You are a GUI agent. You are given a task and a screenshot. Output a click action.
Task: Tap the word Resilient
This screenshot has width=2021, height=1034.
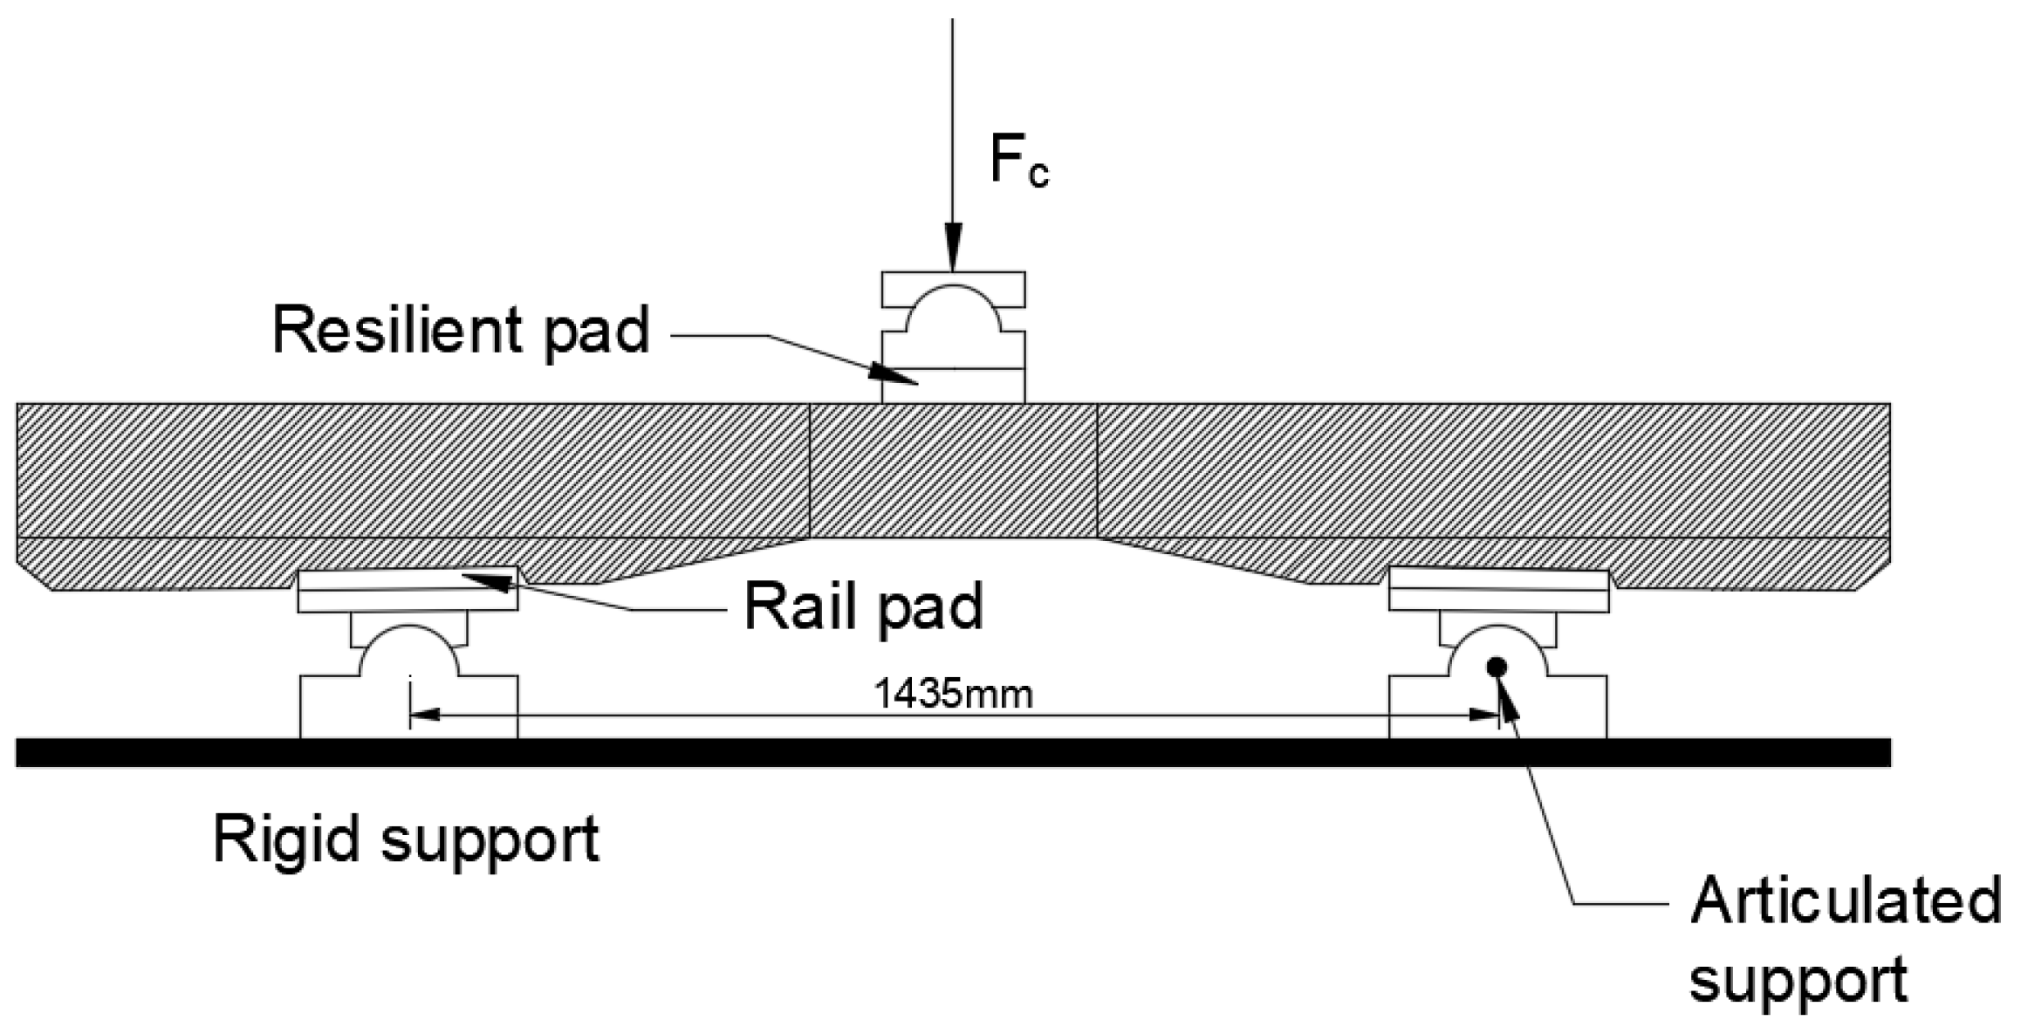(x=397, y=330)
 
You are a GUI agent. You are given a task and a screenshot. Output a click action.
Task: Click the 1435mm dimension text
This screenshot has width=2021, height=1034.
(x=953, y=695)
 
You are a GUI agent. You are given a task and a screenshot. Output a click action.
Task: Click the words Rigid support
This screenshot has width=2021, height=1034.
(x=407, y=839)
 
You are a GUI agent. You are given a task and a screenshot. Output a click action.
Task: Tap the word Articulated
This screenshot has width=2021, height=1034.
(x=1845, y=901)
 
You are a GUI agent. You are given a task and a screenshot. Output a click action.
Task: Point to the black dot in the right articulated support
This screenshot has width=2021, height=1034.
(x=1497, y=668)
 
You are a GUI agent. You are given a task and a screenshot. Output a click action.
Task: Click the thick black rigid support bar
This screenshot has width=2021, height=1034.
(x=953, y=753)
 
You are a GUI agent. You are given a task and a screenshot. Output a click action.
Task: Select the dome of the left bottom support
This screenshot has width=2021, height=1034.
(x=408, y=650)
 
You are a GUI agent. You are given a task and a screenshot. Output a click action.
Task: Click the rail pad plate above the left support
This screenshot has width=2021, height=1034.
(x=408, y=590)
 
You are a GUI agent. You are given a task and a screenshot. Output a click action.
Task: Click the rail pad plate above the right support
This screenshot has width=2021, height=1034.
(x=1497, y=590)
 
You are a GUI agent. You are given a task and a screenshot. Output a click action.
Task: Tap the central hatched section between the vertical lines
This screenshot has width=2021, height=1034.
(x=953, y=471)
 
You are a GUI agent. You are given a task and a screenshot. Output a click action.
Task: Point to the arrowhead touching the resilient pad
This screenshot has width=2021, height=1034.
(x=894, y=374)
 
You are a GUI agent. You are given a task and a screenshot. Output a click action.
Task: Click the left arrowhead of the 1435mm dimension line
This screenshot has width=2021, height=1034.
(x=423, y=716)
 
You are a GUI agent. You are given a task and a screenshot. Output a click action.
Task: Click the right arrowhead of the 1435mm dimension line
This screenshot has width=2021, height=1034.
(x=1483, y=716)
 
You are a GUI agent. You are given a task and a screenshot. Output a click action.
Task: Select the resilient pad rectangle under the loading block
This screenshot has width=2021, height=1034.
(x=953, y=386)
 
